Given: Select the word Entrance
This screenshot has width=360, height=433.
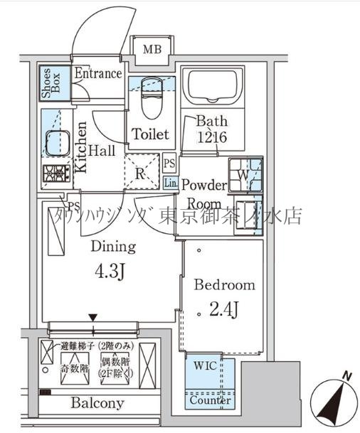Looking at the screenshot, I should [98, 73].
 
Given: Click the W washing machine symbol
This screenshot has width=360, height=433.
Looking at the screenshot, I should [243, 174].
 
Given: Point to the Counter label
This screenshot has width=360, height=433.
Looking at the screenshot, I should [210, 400].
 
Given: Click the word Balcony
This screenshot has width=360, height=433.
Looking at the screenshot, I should [97, 403].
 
